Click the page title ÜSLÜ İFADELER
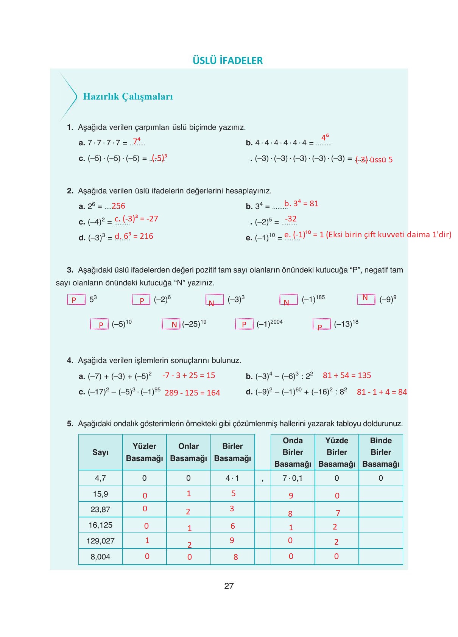[x=227, y=61]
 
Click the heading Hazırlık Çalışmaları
[x=128, y=97]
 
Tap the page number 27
[x=229, y=586]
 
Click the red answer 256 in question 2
[x=118, y=206]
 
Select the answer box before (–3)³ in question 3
[x=214, y=300]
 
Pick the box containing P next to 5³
[x=76, y=300]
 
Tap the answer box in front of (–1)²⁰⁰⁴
[x=244, y=324]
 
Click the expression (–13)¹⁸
[x=346, y=324]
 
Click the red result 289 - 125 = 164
[x=192, y=393]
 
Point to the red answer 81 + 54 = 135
[x=347, y=375]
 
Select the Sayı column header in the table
[x=100, y=452]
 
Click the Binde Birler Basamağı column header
[x=380, y=452]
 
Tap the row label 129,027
[x=100, y=541]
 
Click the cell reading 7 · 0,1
[x=293, y=478]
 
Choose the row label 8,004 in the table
[x=100, y=557]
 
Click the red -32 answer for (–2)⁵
[x=291, y=219]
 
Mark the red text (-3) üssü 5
[x=374, y=160]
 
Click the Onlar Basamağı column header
[x=188, y=452]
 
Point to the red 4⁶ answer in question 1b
[x=325, y=137]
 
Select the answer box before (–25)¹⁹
[x=171, y=324]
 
